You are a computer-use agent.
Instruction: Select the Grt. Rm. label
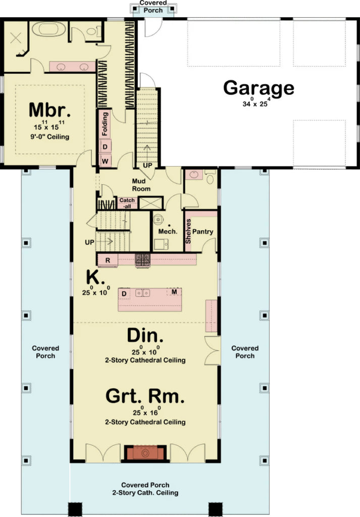(x=145, y=395)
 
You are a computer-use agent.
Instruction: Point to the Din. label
(x=145, y=335)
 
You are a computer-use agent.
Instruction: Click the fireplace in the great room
(x=145, y=453)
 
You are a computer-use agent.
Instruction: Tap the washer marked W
(x=105, y=161)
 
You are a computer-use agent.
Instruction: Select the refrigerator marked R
(x=108, y=260)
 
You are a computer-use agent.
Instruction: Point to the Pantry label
(x=203, y=232)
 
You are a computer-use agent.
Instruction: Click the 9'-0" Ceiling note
(x=48, y=136)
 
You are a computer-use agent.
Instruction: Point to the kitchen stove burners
(x=142, y=260)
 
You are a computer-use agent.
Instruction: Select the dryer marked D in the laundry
(x=105, y=147)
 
